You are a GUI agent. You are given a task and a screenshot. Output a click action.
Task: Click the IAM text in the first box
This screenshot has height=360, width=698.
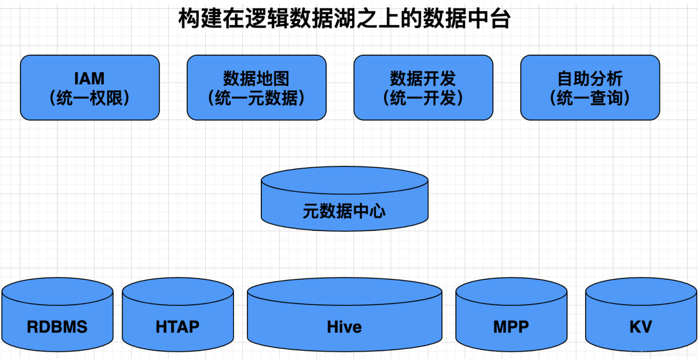click(89, 79)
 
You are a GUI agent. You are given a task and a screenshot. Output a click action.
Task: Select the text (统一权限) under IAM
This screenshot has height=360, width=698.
click(89, 98)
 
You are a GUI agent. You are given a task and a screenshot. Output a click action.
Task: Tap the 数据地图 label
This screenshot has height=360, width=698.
click(256, 79)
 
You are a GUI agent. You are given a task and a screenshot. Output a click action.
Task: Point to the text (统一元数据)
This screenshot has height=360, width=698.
click(256, 98)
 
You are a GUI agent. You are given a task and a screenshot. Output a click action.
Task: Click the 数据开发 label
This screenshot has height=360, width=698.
click(423, 79)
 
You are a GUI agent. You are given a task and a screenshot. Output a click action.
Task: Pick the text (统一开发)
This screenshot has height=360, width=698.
click(423, 98)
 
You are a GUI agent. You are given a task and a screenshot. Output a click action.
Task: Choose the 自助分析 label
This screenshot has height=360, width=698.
click(590, 79)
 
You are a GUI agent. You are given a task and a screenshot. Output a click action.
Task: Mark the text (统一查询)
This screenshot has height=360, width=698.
click(590, 98)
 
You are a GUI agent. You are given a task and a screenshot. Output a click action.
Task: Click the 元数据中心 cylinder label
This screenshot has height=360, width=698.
click(344, 211)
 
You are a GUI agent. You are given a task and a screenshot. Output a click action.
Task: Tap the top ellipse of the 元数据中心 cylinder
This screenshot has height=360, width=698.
click(344, 180)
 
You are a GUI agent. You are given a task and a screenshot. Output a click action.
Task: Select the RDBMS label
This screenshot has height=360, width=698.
click(57, 327)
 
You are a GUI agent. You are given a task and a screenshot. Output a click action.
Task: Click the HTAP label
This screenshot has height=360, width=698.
click(178, 327)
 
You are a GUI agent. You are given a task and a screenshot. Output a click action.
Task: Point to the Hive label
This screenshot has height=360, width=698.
click(344, 327)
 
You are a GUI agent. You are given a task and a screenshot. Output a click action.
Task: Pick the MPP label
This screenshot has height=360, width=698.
click(511, 327)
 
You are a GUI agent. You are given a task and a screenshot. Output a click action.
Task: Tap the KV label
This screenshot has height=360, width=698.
click(641, 327)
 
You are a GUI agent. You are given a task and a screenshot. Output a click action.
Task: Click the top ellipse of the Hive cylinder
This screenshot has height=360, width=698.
click(344, 291)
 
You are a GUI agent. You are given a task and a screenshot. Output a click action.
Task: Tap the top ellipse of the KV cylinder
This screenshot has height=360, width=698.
click(641, 291)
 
